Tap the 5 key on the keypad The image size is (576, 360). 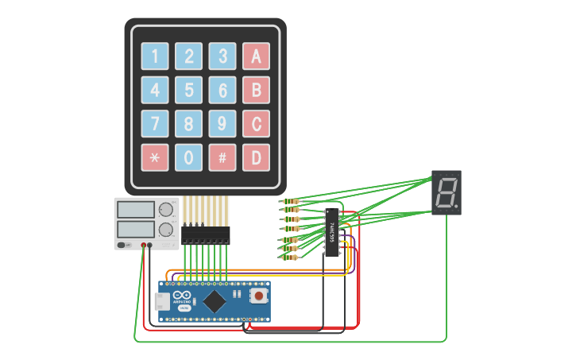[188, 90]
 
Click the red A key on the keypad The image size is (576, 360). [256, 56]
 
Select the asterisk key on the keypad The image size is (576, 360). [155, 157]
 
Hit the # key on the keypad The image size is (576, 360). [222, 157]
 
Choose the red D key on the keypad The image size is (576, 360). [256, 157]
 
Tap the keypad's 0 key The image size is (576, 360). [188, 157]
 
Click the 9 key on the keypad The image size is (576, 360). [222, 124]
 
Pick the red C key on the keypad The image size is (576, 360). [256, 124]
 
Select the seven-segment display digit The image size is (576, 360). [446, 192]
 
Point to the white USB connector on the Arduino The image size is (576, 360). [160, 301]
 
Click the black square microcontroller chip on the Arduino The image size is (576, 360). [215, 300]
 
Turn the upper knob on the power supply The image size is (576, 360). [165, 210]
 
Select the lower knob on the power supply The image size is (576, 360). [165, 230]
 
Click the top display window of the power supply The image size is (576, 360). [136, 210]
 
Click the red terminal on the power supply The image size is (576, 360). [144, 246]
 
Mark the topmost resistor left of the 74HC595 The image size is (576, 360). [292, 202]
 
